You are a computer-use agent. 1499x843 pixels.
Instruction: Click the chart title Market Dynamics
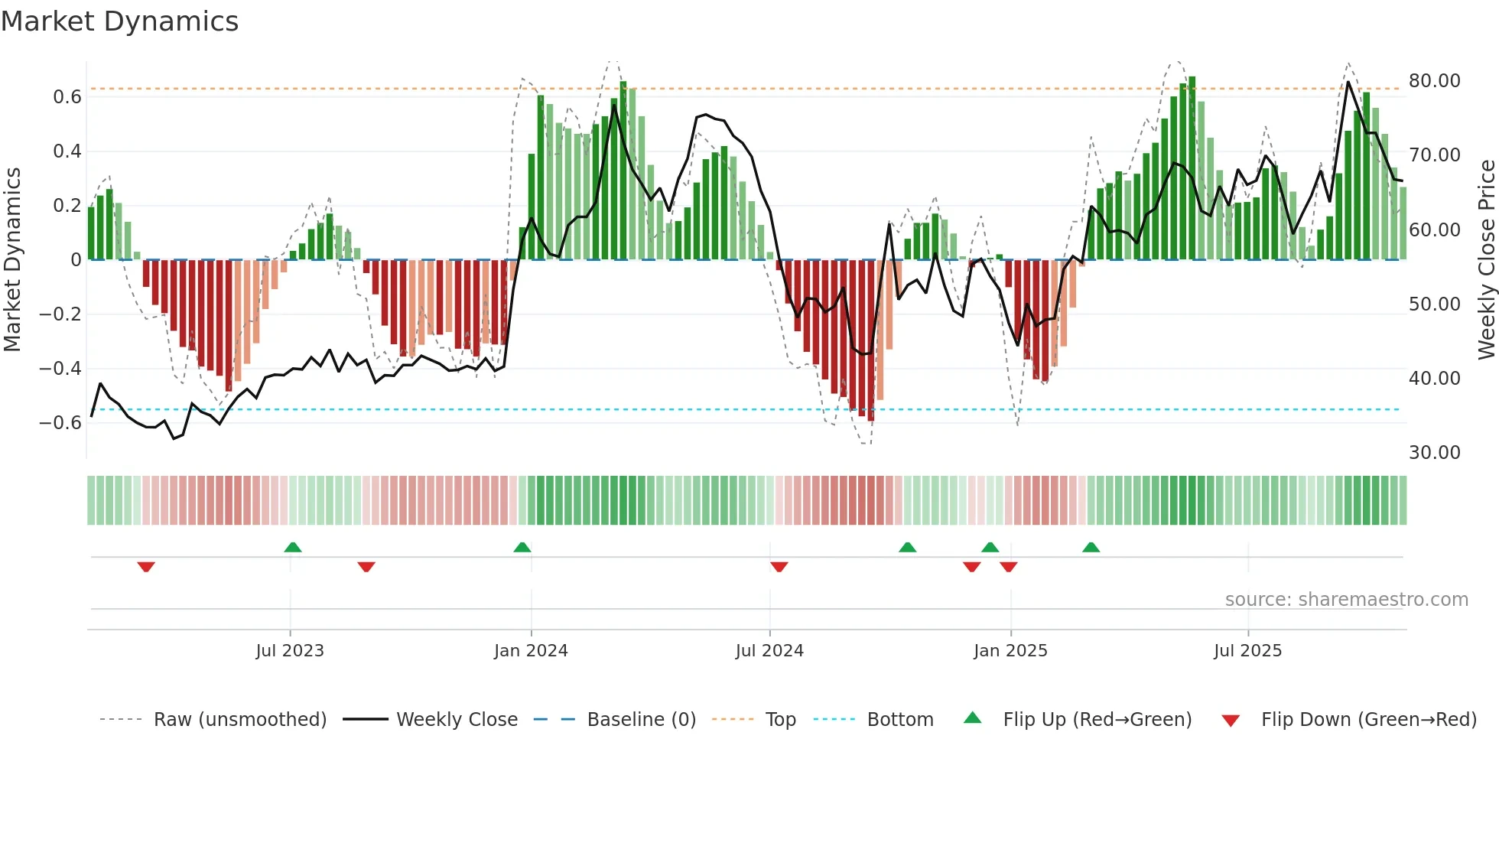pyautogui.click(x=120, y=21)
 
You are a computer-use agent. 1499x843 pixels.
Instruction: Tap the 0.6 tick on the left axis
pyautogui.click(x=67, y=97)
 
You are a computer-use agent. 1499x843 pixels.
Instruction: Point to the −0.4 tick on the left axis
pyautogui.click(x=60, y=369)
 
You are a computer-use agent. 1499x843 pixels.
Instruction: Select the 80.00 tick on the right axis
pyautogui.click(x=1434, y=81)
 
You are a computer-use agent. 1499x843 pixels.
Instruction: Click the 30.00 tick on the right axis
pyautogui.click(x=1434, y=453)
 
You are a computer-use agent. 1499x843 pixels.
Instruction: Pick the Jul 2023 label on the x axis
pyautogui.click(x=290, y=651)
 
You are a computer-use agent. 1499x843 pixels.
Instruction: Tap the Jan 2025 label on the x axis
pyautogui.click(x=1010, y=651)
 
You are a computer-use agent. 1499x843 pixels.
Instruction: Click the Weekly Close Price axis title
pyautogui.click(x=1486, y=260)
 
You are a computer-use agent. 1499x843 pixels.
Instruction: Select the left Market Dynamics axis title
pyautogui.click(x=12, y=260)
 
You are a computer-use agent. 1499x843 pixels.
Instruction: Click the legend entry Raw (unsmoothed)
pyautogui.click(x=239, y=720)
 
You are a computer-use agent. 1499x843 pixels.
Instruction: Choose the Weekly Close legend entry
pyautogui.click(x=457, y=720)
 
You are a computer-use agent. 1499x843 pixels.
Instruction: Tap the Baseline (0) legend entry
pyautogui.click(x=641, y=720)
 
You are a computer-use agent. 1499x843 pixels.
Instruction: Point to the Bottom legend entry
pyautogui.click(x=900, y=720)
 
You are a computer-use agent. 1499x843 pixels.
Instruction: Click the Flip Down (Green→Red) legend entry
pyautogui.click(x=1368, y=720)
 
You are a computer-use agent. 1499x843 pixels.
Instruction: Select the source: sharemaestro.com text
pyautogui.click(x=1346, y=600)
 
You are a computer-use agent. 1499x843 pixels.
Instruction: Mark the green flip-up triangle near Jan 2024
pyautogui.click(x=522, y=548)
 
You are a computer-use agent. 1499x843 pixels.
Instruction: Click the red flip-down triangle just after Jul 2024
pyautogui.click(x=779, y=567)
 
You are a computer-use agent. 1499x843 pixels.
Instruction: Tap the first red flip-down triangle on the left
pyautogui.click(x=146, y=567)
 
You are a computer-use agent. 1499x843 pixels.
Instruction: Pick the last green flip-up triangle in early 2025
pyautogui.click(x=1091, y=548)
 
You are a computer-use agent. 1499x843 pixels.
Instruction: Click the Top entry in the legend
pyautogui.click(x=780, y=720)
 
